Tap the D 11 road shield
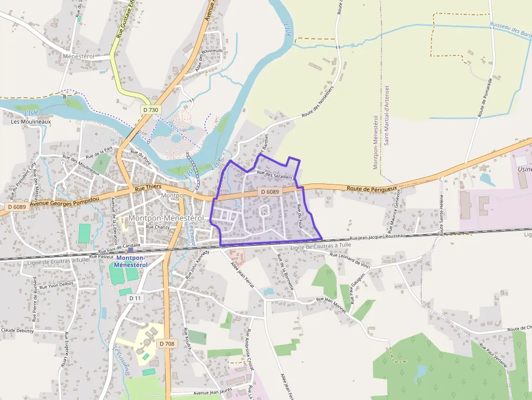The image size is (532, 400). point(136,299)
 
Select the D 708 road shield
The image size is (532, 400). point(167,344)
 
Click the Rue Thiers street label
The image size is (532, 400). point(148,187)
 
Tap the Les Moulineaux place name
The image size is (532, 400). point(30,122)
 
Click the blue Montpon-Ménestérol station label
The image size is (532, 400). point(131,261)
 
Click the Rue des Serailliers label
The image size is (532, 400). point(275,175)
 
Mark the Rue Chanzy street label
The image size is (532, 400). point(158,227)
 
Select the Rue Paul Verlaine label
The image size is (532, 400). point(493,355)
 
